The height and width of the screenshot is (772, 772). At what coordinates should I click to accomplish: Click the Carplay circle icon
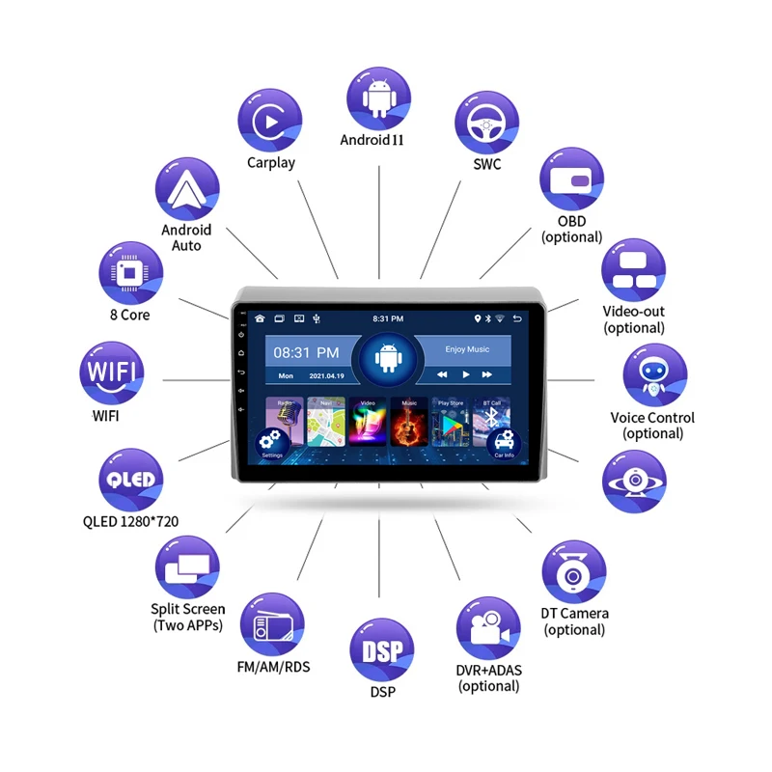pyautogui.click(x=270, y=120)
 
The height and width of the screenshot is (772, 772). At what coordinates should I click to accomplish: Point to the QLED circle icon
pyautogui.click(x=130, y=481)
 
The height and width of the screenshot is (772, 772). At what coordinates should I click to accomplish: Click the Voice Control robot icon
pyautogui.click(x=653, y=375)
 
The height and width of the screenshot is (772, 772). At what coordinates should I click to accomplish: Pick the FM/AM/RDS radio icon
pyautogui.click(x=271, y=625)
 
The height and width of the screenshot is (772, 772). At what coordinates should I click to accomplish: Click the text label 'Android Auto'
pyautogui.click(x=186, y=237)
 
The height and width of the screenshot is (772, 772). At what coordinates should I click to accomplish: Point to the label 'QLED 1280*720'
pyautogui.click(x=130, y=522)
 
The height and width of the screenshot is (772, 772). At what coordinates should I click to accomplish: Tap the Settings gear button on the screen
pyautogui.click(x=271, y=444)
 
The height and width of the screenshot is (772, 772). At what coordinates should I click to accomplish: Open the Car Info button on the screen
pyautogui.click(x=504, y=444)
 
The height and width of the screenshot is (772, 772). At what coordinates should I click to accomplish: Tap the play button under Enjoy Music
pyautogui.click(x=466, y=374)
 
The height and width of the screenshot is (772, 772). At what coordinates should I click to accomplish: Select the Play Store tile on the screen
pyautogui.click(x=451, y=420)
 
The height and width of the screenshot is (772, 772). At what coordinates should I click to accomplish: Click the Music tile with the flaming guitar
pyautogui.click(x=409, y=420)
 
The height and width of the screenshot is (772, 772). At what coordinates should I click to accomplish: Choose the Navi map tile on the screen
pyautogui.click(x=326, y=420)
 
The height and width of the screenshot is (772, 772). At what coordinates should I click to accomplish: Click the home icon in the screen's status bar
pyautogui.click(x=260, y=318)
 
